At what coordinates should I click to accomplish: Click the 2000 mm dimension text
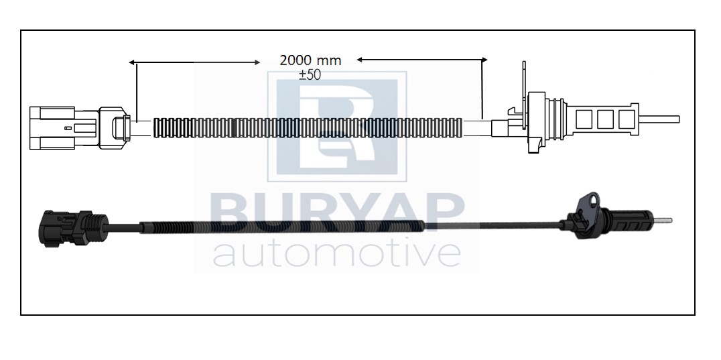310,60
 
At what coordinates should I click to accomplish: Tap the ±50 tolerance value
310,75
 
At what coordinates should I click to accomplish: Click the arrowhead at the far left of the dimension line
131,62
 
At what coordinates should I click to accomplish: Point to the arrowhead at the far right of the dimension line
484,59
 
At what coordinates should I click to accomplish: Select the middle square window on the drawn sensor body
605,119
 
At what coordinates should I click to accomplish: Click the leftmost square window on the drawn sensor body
584,119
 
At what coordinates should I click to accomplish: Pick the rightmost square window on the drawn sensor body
627,119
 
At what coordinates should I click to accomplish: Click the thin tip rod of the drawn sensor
659,119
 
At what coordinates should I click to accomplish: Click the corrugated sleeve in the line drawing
308,128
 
